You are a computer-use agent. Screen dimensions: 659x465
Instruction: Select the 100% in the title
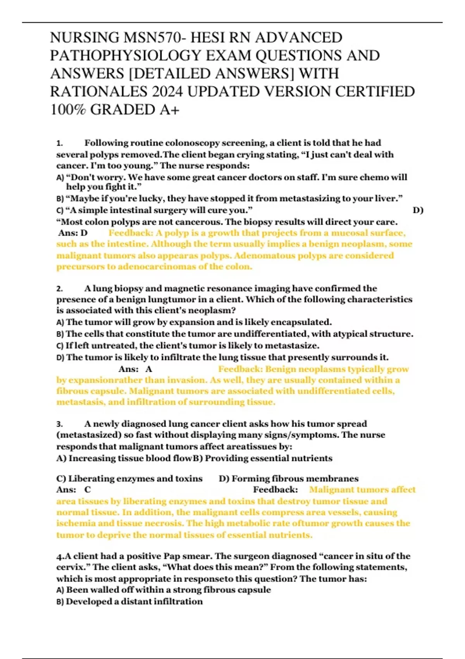pyautogui.click(x=68, y=110)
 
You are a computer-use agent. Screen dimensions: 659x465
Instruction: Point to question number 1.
pyautogui.click(x=60, y=143)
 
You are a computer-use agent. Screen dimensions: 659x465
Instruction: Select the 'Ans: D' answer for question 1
pyautogui.click(x=73, y=233)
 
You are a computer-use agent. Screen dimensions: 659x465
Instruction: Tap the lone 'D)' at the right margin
pyautogui.click(x=418, y=210)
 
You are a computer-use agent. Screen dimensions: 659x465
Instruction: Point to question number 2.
pyautogui.click(x=60, y=289)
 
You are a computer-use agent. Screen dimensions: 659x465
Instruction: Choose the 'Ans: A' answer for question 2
pyautogui.click(x=135, y=369)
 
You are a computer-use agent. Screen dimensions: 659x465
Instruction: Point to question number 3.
pyautogui.click(x=60, y=424)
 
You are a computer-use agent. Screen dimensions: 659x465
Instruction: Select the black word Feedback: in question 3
pyautogui.click(x=276, y=490)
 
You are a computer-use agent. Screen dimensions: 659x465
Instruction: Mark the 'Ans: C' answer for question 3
pyautogui.click(x=73, y=490)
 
